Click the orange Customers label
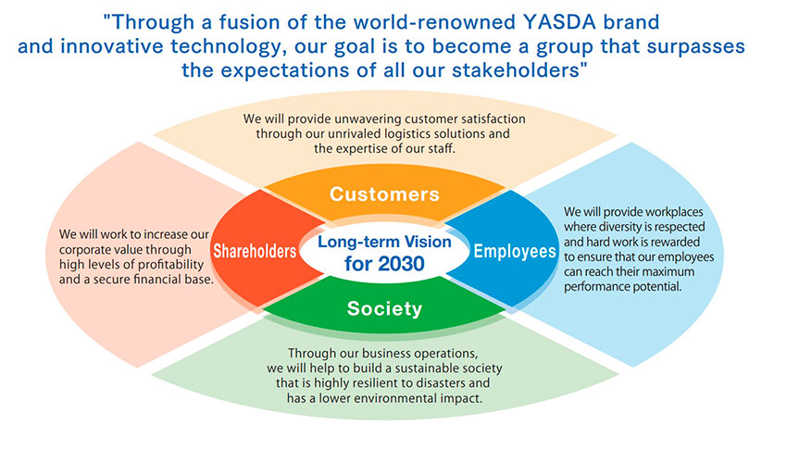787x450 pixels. point(384,194)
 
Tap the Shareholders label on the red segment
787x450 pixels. point(255,251)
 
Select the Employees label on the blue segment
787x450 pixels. point(515,251)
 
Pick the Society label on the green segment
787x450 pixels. point(384,308)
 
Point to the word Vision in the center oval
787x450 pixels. point(428,242)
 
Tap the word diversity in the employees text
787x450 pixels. point(621,227)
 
